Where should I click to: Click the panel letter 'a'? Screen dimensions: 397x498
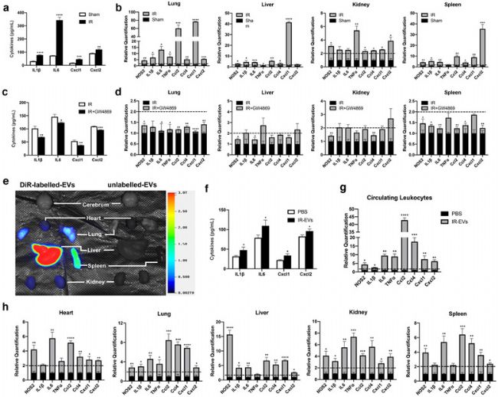[x=5, y=5]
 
